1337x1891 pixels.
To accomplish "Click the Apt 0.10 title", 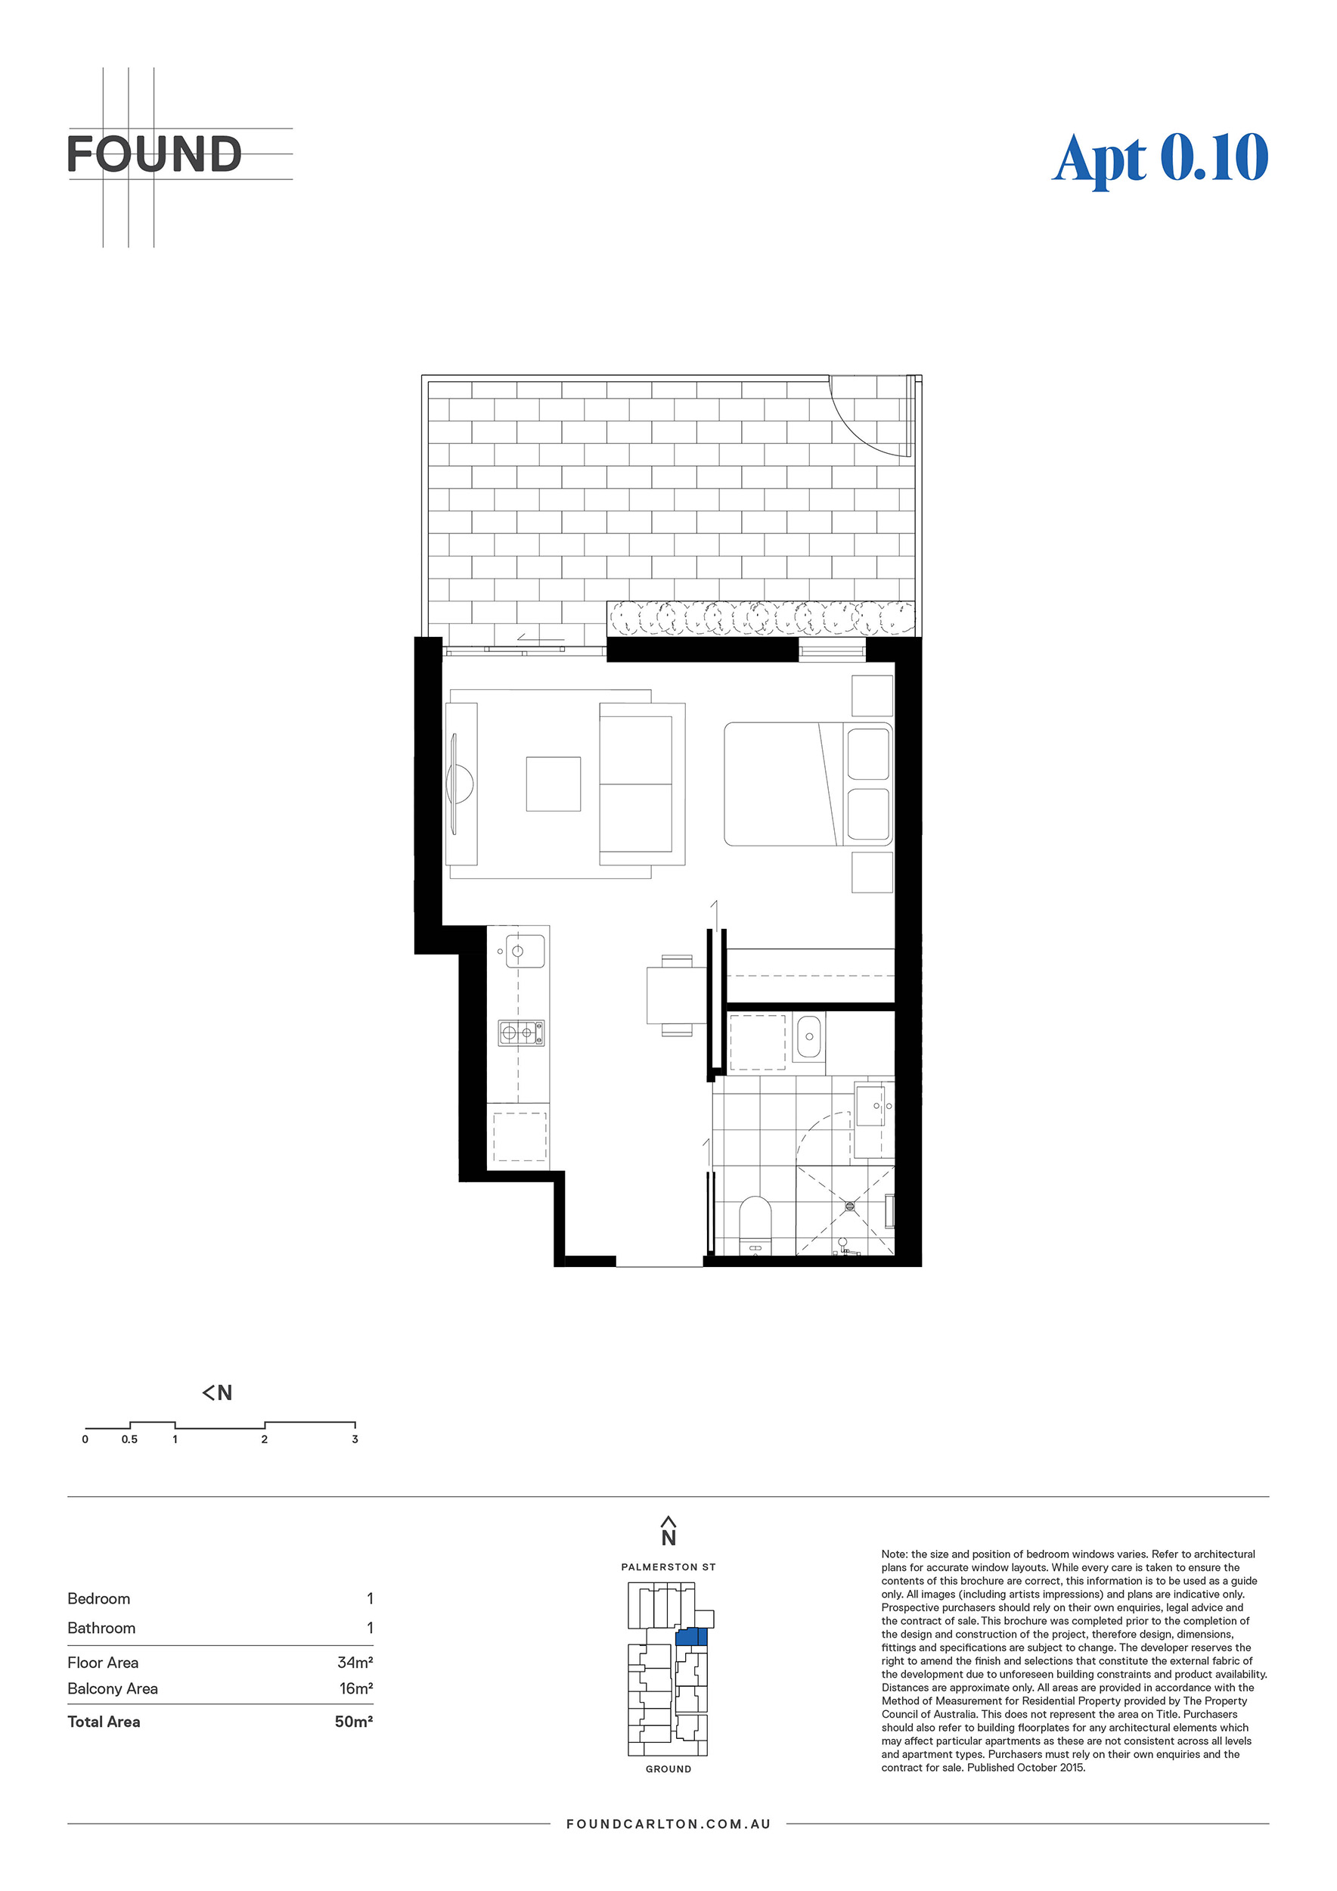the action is [1160, 158].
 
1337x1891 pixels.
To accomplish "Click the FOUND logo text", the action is [154, 155].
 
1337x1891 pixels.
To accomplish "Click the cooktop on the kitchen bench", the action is [521, 1032].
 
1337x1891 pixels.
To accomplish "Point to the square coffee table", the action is [554, 784].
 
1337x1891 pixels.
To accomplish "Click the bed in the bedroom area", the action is [808, 784].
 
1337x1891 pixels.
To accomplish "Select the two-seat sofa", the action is [642, 784].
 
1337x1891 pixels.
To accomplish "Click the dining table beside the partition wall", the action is [677, 995].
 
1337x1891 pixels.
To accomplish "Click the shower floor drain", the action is [851, 1206].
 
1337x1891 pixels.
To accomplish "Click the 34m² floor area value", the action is [355, 1662].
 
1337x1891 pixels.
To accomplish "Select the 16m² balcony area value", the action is [355, 1688].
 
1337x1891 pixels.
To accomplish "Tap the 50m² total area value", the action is [354, 1722].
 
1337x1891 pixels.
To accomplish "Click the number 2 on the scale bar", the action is [264, 1439].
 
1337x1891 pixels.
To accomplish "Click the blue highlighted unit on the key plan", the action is [691, 1637].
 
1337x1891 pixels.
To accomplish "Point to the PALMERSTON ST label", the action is [668, 1567].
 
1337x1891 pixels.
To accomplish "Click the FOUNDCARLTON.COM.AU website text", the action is [668, 1824].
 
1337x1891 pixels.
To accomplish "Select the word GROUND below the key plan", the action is [668, 1768].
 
